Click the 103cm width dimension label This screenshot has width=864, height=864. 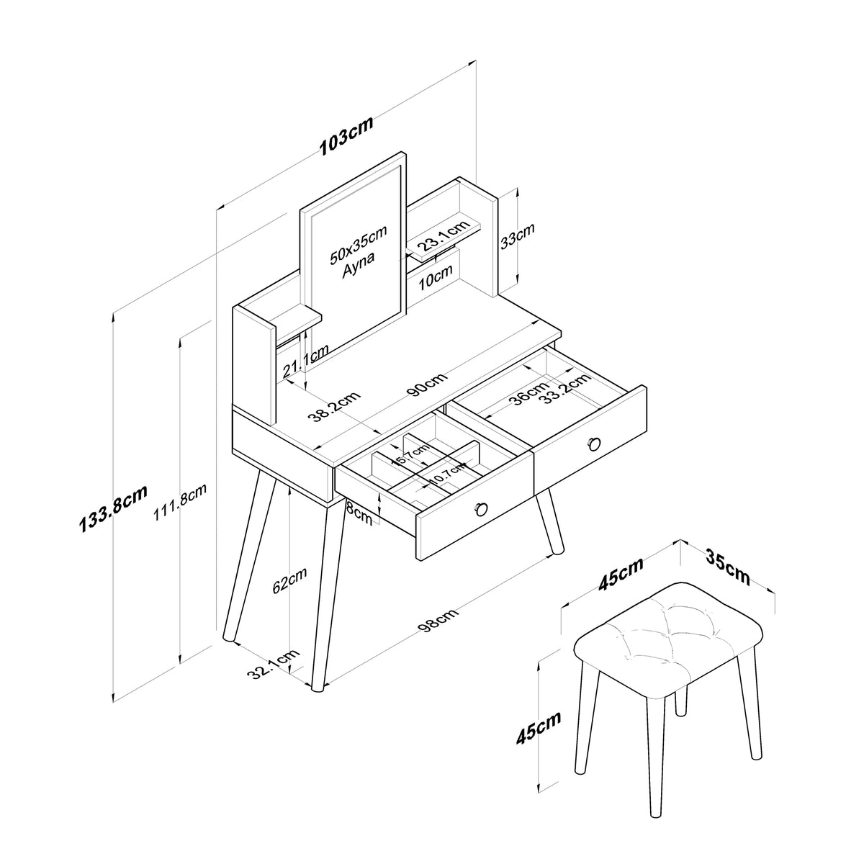pyautogui.click(x=346, y=136)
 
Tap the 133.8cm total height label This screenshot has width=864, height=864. pyautogui.click(x=113, y=509)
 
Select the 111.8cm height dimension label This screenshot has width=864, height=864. pyautogui.click(x=180, y=502)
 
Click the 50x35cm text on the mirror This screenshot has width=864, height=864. pyautogui.click(x=359, y=244)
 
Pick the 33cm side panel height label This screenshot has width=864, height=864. pyautogui.click(x=518, y=235)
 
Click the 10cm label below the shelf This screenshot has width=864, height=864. pyautogui.click(x=436, y=277)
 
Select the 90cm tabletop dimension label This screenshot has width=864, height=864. pyautogui.click(x=427, y=384)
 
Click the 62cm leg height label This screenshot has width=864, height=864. pyautogui.click(x=289, y=580)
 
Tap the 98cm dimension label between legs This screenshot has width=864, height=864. pyautogui.click(x=438, y=620)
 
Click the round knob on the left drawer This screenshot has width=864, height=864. pyautogui.click(x=481, y=509)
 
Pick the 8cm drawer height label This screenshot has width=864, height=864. pyautogui.click(x=359, y=514)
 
